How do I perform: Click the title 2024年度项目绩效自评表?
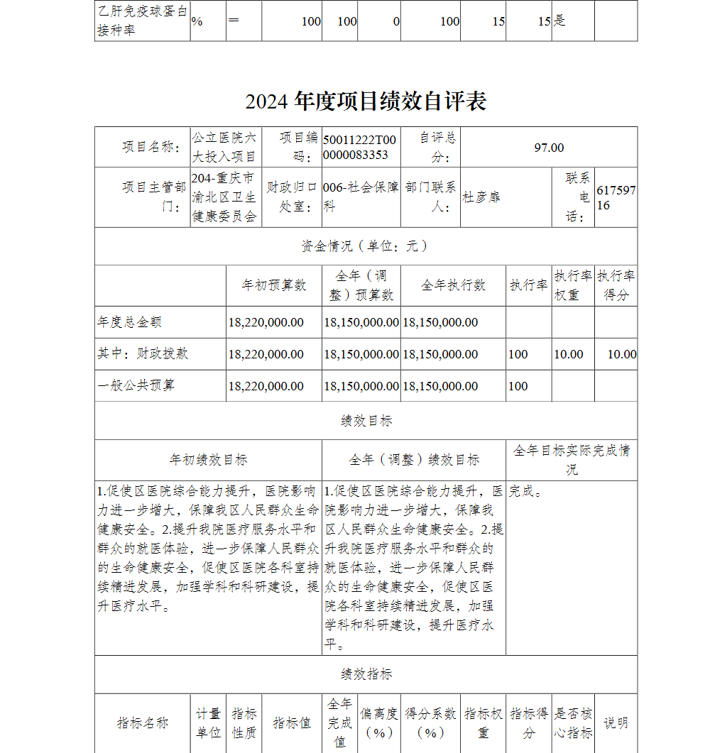point(366,101)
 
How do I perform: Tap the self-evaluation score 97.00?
point(549,148)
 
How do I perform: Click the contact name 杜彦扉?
point(481,197)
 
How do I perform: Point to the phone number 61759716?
point(616,198)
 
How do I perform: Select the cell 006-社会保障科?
point(360,197)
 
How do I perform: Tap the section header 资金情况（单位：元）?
point(366,246)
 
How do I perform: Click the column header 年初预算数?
point(274,285)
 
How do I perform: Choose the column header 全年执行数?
point(453,285)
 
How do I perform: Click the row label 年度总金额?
point(130,322)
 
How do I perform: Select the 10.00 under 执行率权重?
point(568,354)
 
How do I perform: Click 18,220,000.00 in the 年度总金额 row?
point(266,322)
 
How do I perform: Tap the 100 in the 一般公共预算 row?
point(518,386)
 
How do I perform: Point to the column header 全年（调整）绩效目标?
point(414,460)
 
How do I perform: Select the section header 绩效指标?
point(366,674)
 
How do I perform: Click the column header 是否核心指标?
point(573,723)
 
